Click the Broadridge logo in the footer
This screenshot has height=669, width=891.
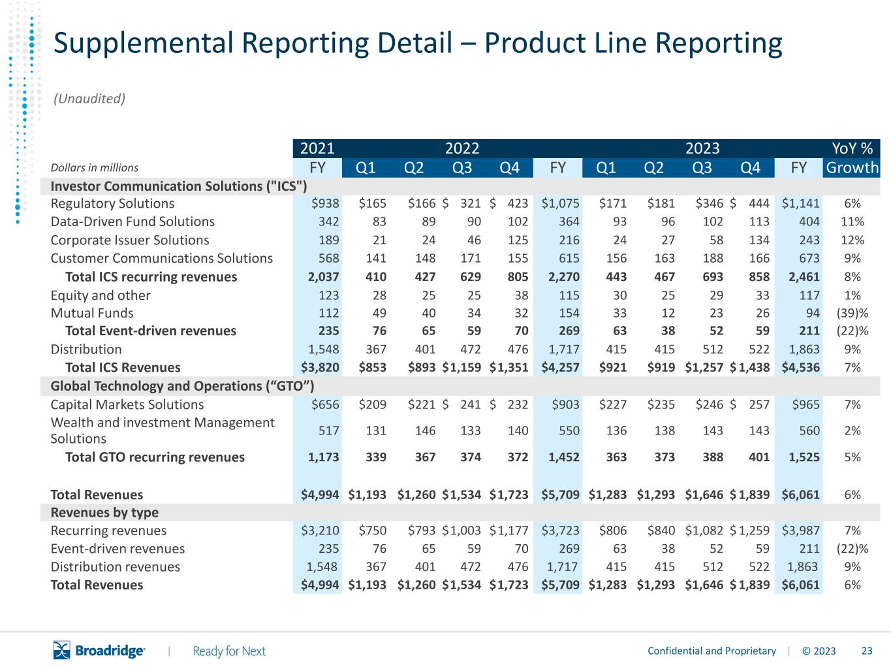click(x=99, y=650)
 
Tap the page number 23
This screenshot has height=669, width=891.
click(x=867, y=651)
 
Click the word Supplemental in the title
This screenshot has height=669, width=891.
click(x=144, y=44)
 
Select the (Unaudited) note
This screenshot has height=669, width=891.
click(x=89, y=99)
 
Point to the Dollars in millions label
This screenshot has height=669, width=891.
click(x=94, y=167)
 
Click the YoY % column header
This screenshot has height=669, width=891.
click(x=852, y=148)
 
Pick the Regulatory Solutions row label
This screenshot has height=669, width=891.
click(x=112, y=203)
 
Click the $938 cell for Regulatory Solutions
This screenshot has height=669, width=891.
click(x=324, y=203)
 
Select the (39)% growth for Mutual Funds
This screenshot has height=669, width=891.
click(x=852, y=313)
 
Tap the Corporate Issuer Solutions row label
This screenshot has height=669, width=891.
click(x=129, y=240)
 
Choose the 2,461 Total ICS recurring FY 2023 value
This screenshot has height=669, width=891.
click(x=804, y=276)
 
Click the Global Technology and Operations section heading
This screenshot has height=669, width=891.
click(x=182, y=386)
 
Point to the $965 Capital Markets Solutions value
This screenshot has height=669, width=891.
click(x=805, y=404)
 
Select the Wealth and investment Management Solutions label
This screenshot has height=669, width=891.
click(x=163, y=431)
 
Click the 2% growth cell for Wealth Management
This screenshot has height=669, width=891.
click(x=852, y=431)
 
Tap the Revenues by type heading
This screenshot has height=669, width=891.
click(x=104, y=513)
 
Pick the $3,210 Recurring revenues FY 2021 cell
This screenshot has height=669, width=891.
click(x=320, y=530)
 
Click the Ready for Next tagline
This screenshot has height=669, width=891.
click(x=229, y=651)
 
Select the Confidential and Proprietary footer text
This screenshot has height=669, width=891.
click(x=711, y=651)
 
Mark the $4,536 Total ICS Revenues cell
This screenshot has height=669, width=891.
click(x=800, y=368)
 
